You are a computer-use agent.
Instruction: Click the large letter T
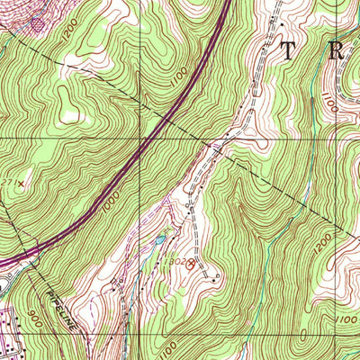click(x=289, y=50)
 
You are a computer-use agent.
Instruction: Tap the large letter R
click(x=337, y=50)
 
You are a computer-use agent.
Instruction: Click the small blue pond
click(x=160, y=239)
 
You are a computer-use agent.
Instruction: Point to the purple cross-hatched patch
click(x=37, y=23)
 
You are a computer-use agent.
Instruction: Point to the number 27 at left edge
click(x=6, y=183)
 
